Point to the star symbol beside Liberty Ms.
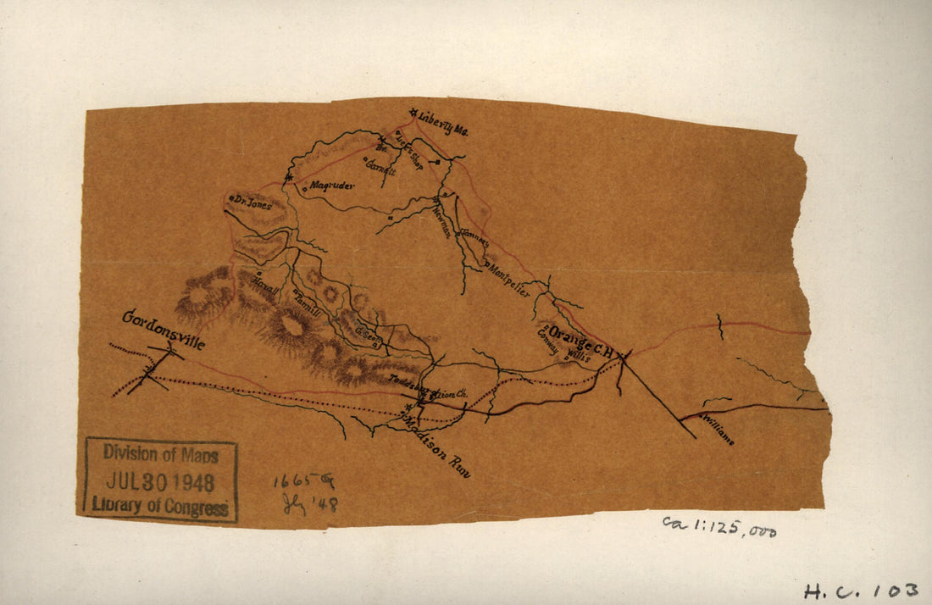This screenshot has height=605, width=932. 413,113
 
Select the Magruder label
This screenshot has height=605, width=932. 331,185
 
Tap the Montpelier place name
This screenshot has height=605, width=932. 510,280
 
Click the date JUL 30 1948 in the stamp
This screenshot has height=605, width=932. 161,480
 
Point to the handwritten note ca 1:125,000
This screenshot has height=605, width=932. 719,527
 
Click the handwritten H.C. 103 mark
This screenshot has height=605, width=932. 860,590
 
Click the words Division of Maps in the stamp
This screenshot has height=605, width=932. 161,454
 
